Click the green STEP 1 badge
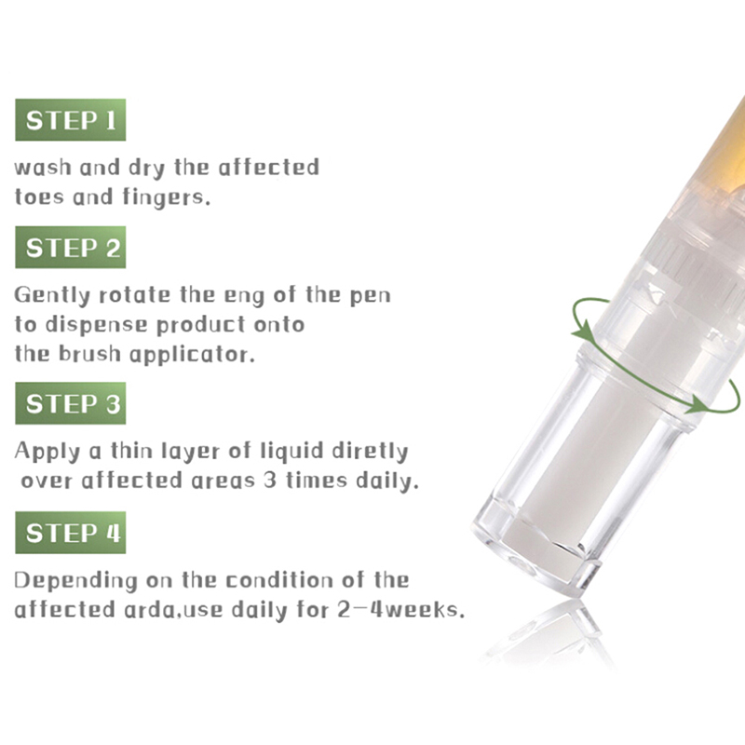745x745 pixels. click(x=71, y=120)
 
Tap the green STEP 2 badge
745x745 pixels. click(x=71, y=247)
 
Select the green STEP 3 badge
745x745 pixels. click(x=71, y=403)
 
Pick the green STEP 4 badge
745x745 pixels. click(x=71, y=533)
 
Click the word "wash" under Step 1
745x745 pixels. click(x=43, y=168)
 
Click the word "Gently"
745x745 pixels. click(x=52, y=295)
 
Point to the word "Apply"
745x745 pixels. click(x=47, y=452)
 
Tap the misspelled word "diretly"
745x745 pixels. click(x=370, y=452)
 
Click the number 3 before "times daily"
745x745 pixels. click(x=270, y=481)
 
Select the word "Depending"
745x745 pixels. click(x=75, y=581)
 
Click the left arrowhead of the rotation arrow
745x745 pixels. click(x=584, y=332)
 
